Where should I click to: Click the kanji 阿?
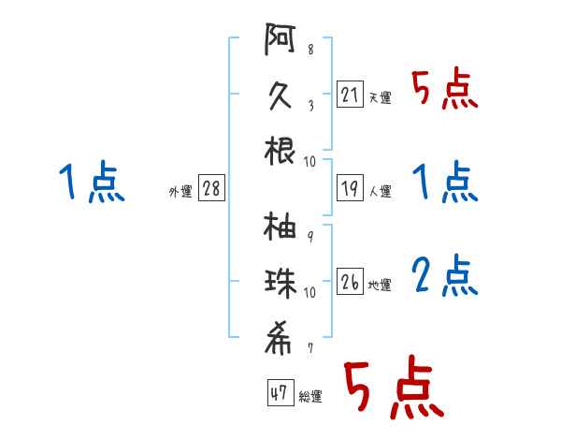(280, 38)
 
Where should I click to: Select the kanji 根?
(280, 151)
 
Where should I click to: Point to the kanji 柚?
(280, 226)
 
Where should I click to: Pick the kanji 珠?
(280, 284)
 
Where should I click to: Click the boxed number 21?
(350, 95)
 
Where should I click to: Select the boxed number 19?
(350, 188)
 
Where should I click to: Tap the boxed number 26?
(350, 281)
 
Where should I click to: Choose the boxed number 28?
(211, 188)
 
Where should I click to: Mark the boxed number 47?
(280, 392)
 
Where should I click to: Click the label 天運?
(381, 97)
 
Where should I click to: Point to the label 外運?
(180, 191)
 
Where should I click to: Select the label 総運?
(310, 396)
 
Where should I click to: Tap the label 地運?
(380, 285)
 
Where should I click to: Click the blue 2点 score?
(445, 275)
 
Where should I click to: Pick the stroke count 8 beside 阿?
(310, 49)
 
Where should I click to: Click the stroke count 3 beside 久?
(311, 106)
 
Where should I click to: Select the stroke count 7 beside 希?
(310, 348)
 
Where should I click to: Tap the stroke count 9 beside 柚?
(310, 236)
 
